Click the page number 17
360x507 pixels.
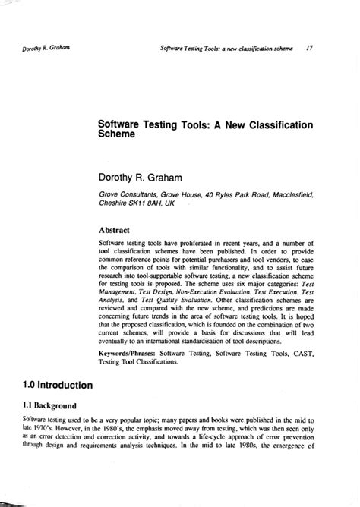[311, 46]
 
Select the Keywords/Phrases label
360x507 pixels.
[127, 353]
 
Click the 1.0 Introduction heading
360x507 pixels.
[53, 386]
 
